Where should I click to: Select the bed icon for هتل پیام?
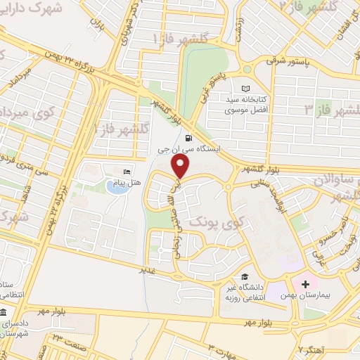click(127, 172)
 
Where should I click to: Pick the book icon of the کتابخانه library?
click(245, 89)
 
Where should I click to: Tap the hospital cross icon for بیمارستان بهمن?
click(305, 284)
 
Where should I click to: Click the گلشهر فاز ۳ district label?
click(330, 110)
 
